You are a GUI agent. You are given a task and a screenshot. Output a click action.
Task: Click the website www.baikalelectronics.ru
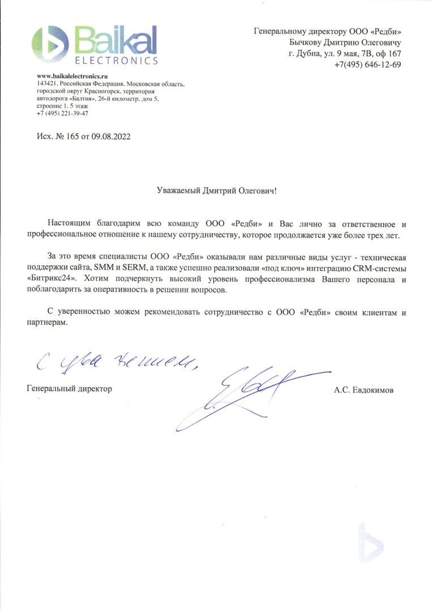click(x=72, y=76)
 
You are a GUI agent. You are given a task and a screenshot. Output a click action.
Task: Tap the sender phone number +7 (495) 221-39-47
click(x=62, y=113)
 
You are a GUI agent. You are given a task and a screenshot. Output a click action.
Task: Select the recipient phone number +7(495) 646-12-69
click(x=367, y=64)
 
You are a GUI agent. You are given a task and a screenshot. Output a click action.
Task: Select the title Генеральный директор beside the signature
click(x=69, y=389)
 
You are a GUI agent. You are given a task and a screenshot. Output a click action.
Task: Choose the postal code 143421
click(x=47, y=83)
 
